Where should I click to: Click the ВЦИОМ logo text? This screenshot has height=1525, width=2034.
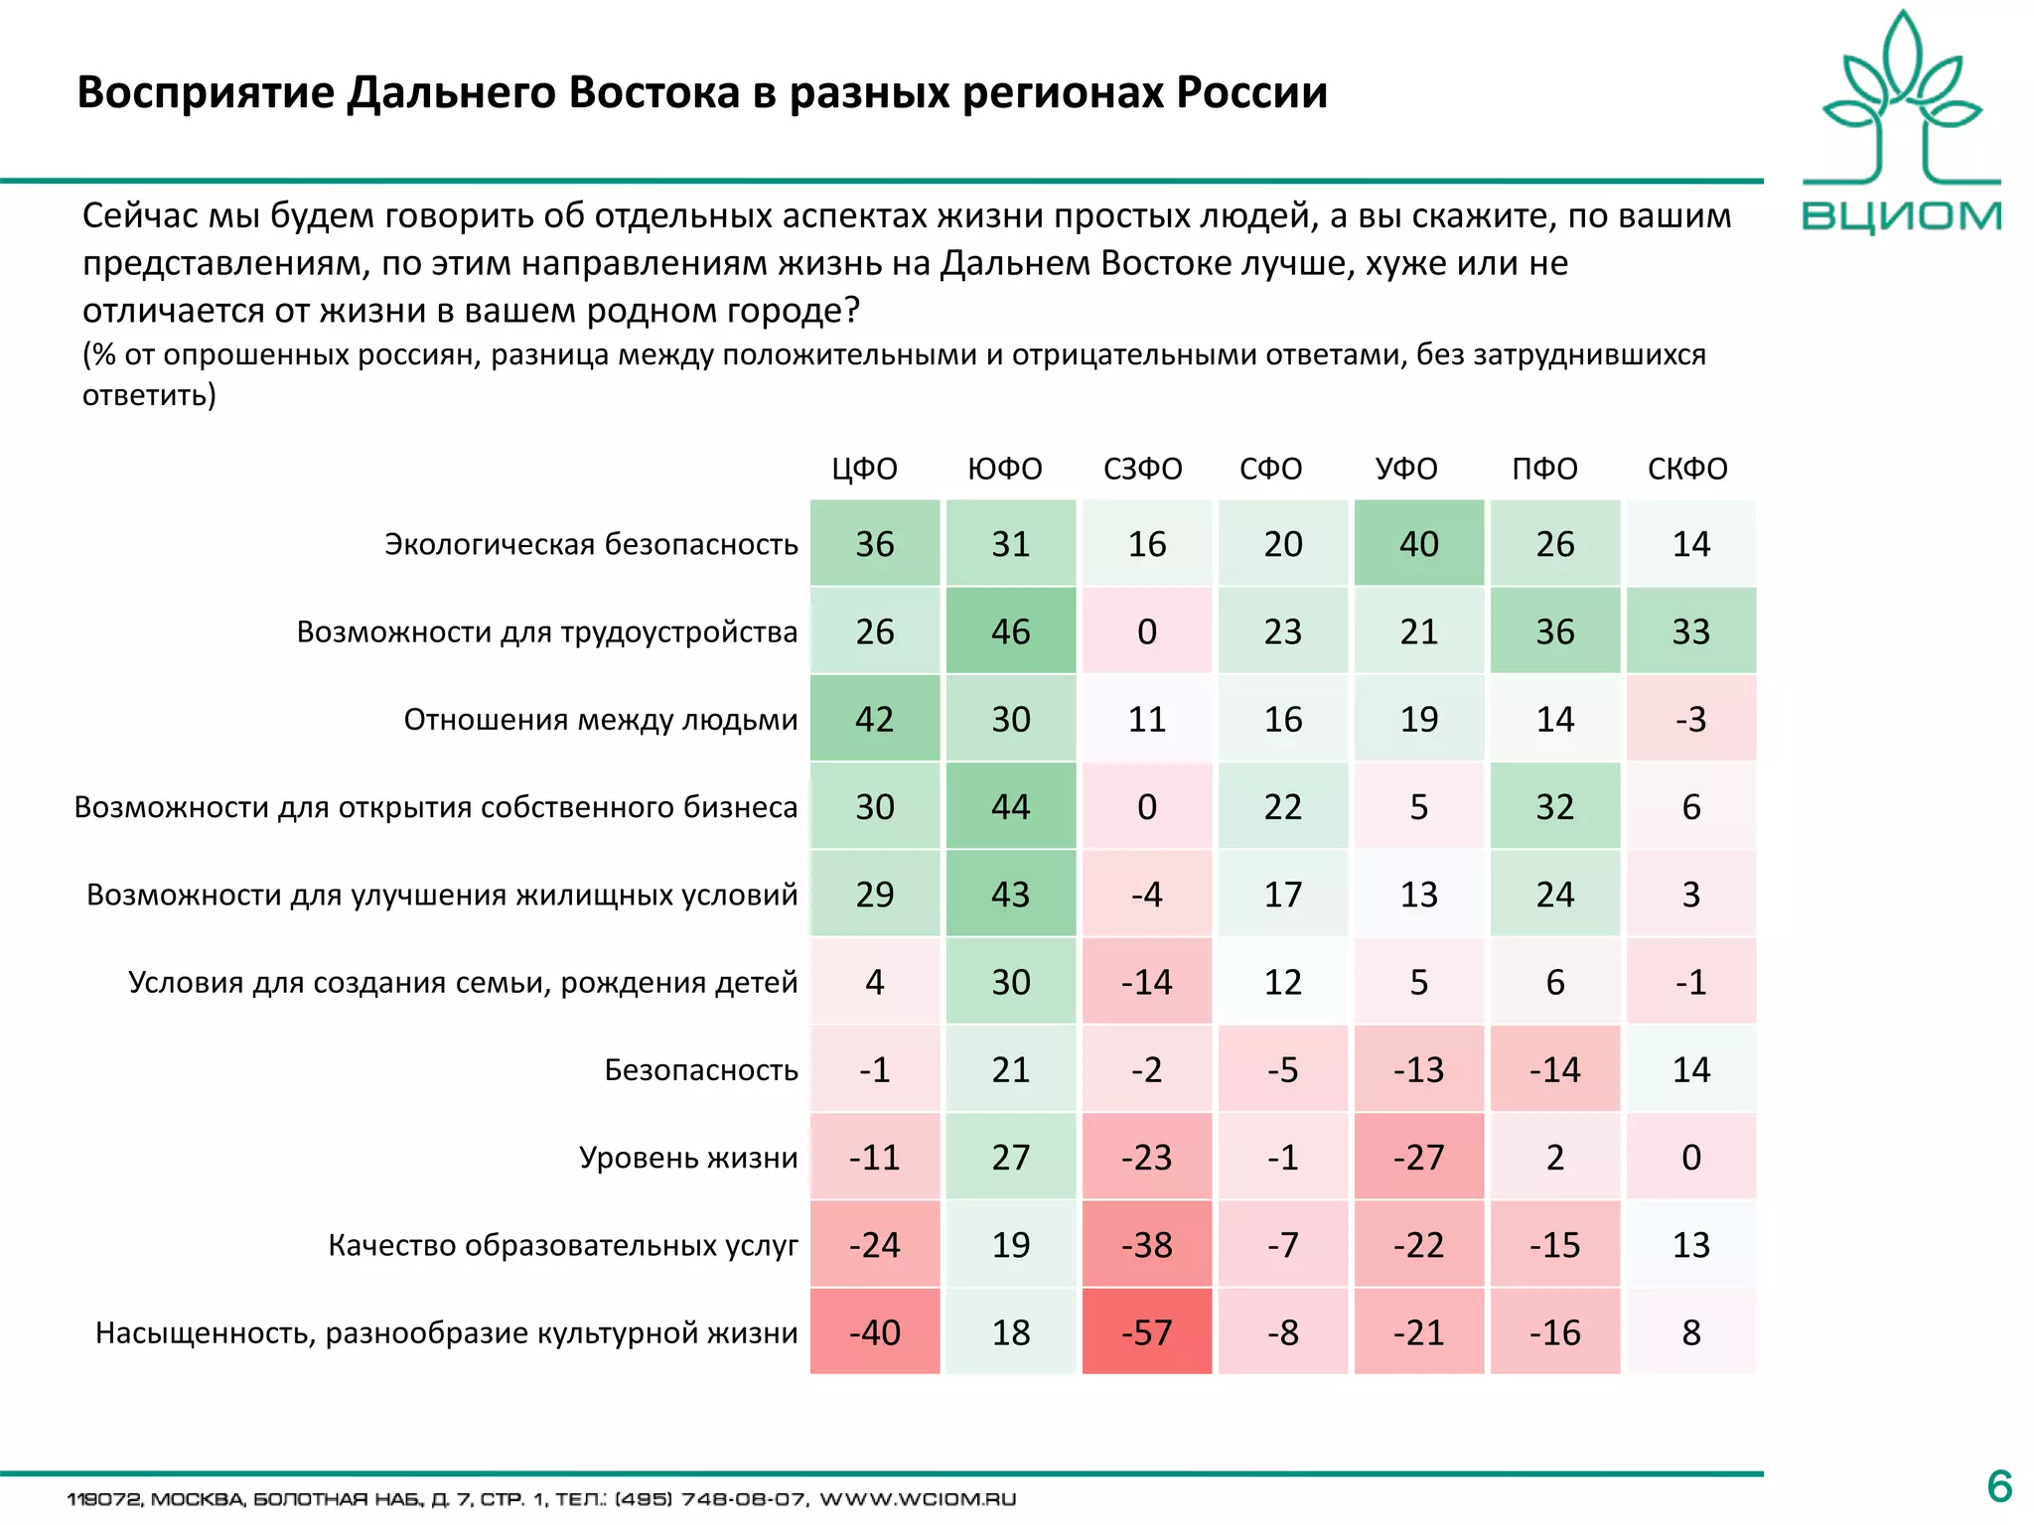pyautogui.click(x=1901, y=216)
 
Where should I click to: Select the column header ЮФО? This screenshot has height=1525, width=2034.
pyautogui.click(x=1005, y=469)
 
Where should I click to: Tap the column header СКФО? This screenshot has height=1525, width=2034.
pyautogui.click(x=1687, y=469)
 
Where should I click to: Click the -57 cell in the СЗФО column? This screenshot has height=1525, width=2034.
pyautogui.click(x=1146, y=1332)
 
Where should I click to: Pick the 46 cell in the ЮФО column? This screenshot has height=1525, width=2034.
pyautogui.click(x=1010, y=631)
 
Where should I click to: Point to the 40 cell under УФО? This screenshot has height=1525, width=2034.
pyautogui.click(x=1418, y=544)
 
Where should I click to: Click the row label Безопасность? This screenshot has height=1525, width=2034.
pyautogui.click(x=701, y=1070)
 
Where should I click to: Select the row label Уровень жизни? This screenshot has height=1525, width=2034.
pyautogui.click(x=688, y=1158)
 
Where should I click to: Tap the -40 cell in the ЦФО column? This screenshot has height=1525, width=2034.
pyautogui.click(x=874, y=1332)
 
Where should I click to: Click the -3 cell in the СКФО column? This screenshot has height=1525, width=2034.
pyautogui.click(x=1690, y=719)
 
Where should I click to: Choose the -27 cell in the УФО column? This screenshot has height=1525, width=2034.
pyautogui.click(x=1418, y=1158)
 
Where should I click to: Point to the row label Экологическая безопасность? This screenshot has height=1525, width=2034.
pyautogui.click(x=591, y=545)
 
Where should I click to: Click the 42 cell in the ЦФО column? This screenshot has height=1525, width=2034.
pyautogui.click(x=874, y=719)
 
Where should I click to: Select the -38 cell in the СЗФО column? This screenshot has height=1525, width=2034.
pyautogui.click(x=1146, y=1245)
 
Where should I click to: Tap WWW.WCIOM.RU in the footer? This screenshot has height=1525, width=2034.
pyautogui.click(x=917, y=1499)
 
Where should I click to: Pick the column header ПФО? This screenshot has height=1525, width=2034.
pyautogui.click(x=1544, y=469)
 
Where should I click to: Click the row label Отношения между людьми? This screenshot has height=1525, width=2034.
pyautogui.click(x=600, y=720)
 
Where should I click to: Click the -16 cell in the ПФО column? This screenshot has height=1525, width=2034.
pyautogui.click(x=1554, y=1332)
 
